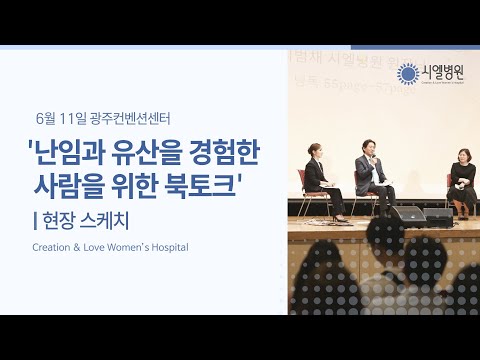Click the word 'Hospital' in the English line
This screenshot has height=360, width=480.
pos(167,246)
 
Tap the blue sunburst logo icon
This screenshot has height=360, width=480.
pos(406,73)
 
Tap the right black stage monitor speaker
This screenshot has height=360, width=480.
pos(439,215)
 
